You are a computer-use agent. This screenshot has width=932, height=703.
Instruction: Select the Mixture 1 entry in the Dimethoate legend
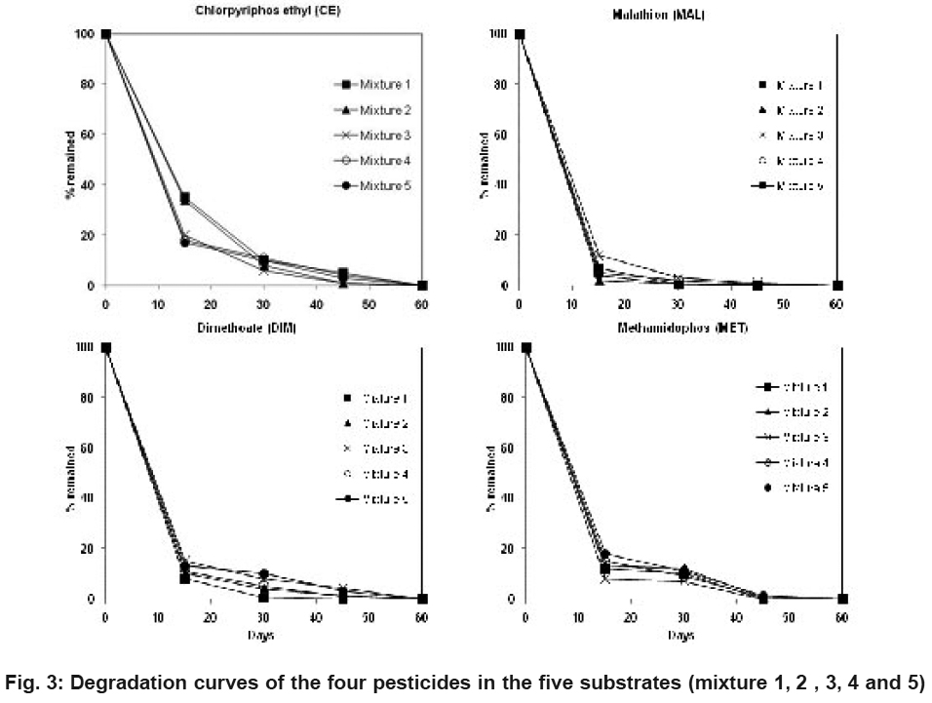tap(370, 397)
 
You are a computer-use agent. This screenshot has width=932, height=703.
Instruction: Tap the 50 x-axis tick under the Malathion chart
tap(783, 304)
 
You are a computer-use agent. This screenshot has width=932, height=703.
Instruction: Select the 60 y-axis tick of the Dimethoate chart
tap(85, 448)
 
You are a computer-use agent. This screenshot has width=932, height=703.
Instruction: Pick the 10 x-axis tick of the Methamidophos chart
tap(579, 617)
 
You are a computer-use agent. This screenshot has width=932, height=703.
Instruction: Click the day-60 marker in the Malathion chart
tap(836, 286)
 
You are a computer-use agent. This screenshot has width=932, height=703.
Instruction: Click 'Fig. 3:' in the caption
tap(34, 680)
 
